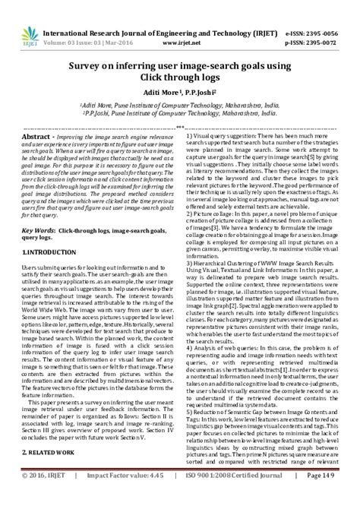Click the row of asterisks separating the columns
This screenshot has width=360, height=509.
coord(180,125)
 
